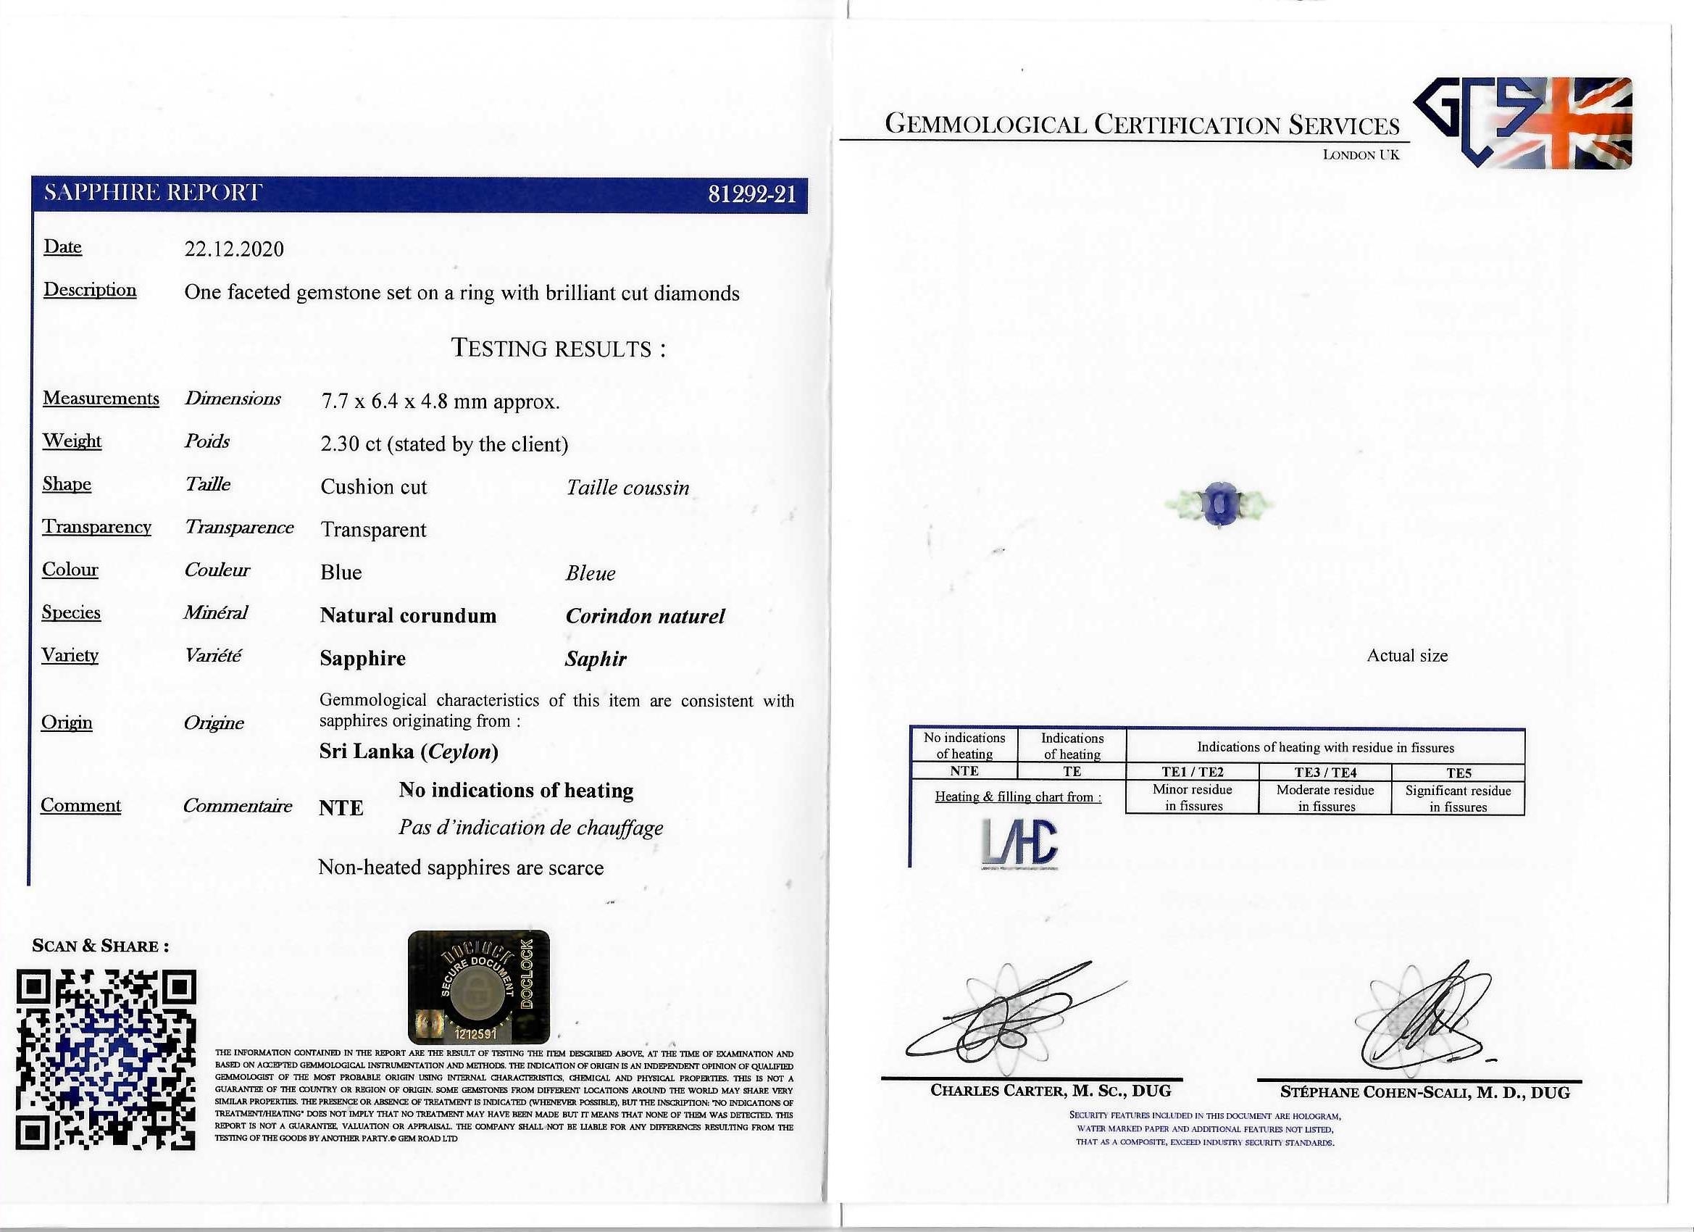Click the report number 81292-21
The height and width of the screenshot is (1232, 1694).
751,194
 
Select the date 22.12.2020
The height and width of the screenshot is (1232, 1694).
234,249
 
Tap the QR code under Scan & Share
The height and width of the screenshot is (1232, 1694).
106,1060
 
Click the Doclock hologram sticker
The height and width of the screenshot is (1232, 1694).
479,986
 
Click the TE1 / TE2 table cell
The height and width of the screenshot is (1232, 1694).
1192,773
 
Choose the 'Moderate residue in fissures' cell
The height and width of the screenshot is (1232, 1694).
1325,798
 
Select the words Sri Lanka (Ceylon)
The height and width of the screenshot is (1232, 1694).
409,751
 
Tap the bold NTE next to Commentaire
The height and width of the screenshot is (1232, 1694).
341,808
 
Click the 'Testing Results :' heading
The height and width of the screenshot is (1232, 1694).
558,348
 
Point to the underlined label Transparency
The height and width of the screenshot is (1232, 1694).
97,528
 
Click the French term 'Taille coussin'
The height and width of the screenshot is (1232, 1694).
627,488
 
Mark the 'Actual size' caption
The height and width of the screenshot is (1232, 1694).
1406,655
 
